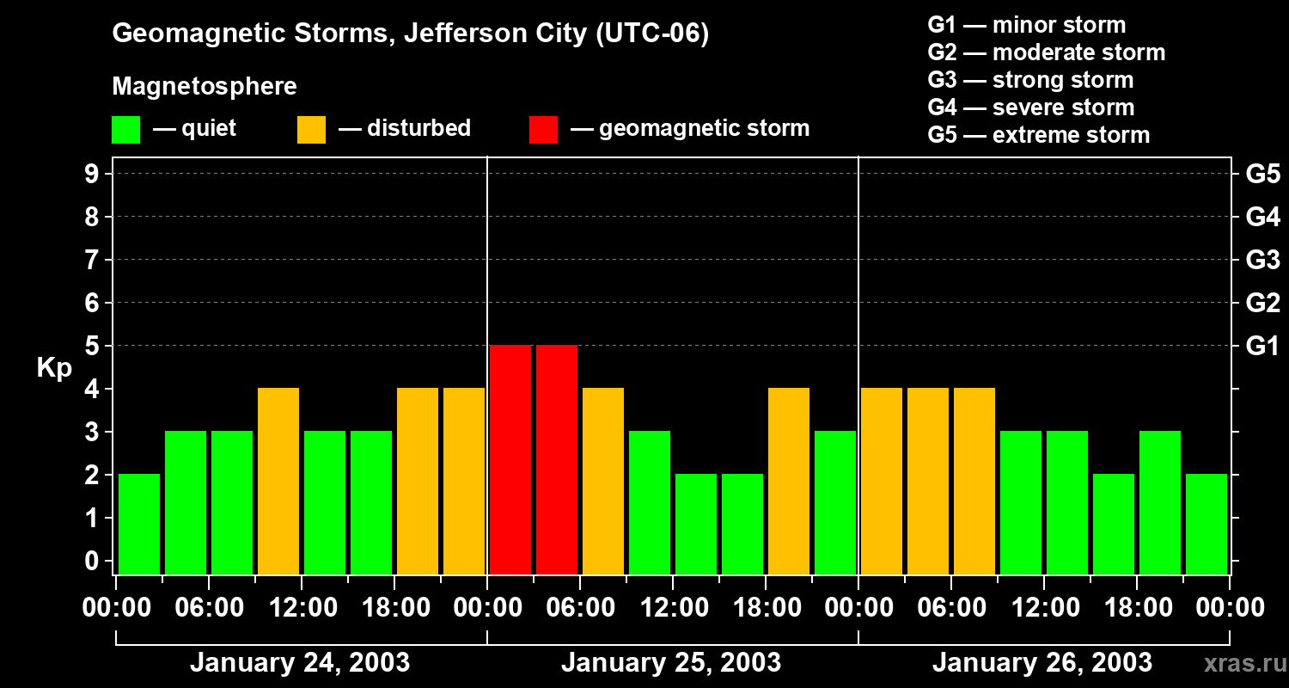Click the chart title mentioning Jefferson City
click(x=410, y=34)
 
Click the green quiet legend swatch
click(x=125, y=129)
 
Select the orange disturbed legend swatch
click(x=311, y=129)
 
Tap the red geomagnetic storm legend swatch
click(x=543, y=129)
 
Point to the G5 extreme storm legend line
click(x=1038, y=135)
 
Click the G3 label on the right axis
click(x=1262, y=260)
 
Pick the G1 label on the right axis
click(x=1262, y=346)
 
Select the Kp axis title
click(x=54, y=368)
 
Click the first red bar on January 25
click(x=510, y=459)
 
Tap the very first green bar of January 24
click(x=139, y=524)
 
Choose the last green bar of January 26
click(x=1207, y=524)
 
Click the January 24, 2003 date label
click(x=300, y=663)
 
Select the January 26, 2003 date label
click(x=1042, y=663)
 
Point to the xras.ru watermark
click(x=1240, y=664)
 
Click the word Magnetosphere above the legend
click(x=205, y=87)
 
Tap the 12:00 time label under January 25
click(x=674, y=608)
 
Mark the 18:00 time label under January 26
click(x=1138, y=608)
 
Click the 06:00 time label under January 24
click(x=210, y=608)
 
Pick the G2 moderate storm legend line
click(x=1046, y=52)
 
